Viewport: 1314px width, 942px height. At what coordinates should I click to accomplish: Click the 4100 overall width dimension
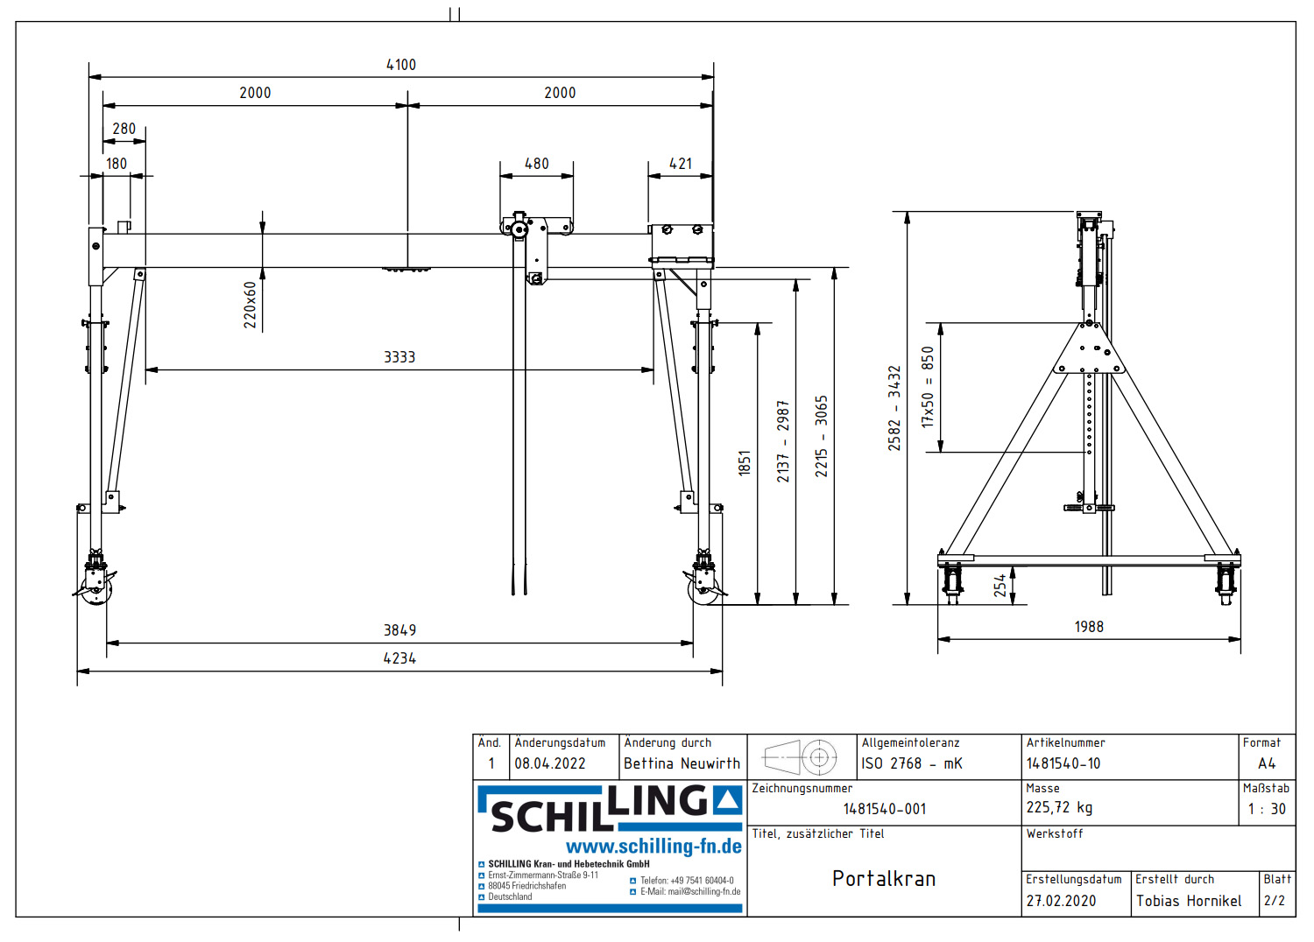coord(401,65)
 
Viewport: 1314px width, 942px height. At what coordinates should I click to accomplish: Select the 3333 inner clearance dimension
coord(399,357)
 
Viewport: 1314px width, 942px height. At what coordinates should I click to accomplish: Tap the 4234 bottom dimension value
coord(399,658)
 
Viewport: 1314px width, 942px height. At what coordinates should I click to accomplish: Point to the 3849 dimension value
coord(399,630)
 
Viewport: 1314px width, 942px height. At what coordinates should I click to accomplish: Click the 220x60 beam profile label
coord(251,305)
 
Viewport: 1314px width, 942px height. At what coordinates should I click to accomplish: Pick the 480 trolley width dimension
coord(536,164)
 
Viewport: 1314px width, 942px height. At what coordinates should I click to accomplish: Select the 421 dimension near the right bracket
coord(681,164)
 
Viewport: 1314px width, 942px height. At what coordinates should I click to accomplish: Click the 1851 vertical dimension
coord(745,462)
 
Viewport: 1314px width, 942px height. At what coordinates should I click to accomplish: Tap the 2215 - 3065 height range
coord(821,436)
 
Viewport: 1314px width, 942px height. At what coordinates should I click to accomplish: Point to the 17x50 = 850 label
coord(928,386)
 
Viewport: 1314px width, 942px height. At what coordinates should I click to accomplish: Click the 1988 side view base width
coord(1089,627)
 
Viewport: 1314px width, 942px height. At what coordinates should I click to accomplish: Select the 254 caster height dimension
coord(1000,586)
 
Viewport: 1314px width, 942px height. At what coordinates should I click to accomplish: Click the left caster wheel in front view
coord(95,588)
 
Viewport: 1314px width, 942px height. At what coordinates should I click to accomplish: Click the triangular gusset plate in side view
coord(1089,350)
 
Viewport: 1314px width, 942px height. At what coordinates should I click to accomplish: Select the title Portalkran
coord(884,879)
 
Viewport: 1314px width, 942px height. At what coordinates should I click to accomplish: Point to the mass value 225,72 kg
coord(1059,808)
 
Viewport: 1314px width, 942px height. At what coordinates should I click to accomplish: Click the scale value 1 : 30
coord(1267,809)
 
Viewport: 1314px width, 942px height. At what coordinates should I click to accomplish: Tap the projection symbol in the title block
coord(801,757)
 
